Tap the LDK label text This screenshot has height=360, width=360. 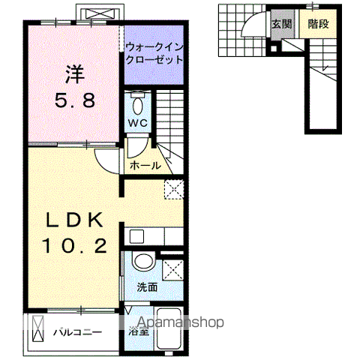(x=73, y=220)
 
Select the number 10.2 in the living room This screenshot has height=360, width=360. (x=73, y=244)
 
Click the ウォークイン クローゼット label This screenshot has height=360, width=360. (x=154, y=51)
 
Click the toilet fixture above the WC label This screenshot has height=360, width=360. (x=136, y=103)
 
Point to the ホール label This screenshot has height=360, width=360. (x=145, y=165)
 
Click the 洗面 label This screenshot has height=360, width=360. (x=146, y=286)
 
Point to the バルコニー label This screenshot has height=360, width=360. (x=77, y=331)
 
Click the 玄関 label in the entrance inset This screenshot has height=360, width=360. (x=282, y=23)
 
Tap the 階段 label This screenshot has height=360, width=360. (x=318, y=23)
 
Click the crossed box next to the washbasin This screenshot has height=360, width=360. (x=172, y=268)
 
